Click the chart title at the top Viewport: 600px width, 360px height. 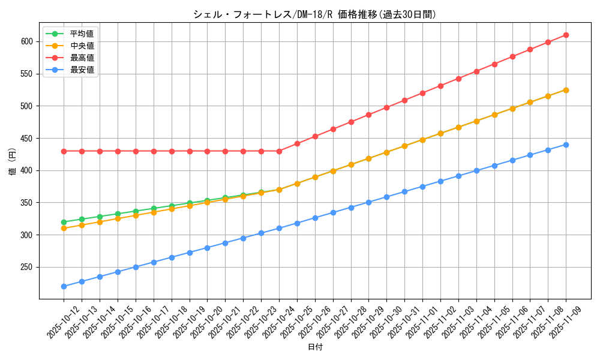(x=314, y=14)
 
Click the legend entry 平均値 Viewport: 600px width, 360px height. (x=82, y=34)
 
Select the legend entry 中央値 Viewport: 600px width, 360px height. (x=82, y=46)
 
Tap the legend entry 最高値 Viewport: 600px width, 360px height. (x=82, y=58)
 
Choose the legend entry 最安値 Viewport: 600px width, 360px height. (x=82, y=70)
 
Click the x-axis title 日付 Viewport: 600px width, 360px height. (x=315, y=347)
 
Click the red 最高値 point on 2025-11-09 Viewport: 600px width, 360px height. (x=566, y=35)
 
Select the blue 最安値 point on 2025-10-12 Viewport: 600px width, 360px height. (x=64, y=286)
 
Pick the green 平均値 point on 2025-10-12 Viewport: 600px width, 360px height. (x=64, y=222)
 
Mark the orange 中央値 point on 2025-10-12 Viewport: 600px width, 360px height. (x=64, y=229)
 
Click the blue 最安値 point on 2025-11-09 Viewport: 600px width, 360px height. (x=566, y=145)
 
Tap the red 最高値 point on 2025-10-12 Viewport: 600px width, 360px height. (x=64, y=151)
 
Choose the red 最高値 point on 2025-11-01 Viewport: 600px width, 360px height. (x=422, y=93)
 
